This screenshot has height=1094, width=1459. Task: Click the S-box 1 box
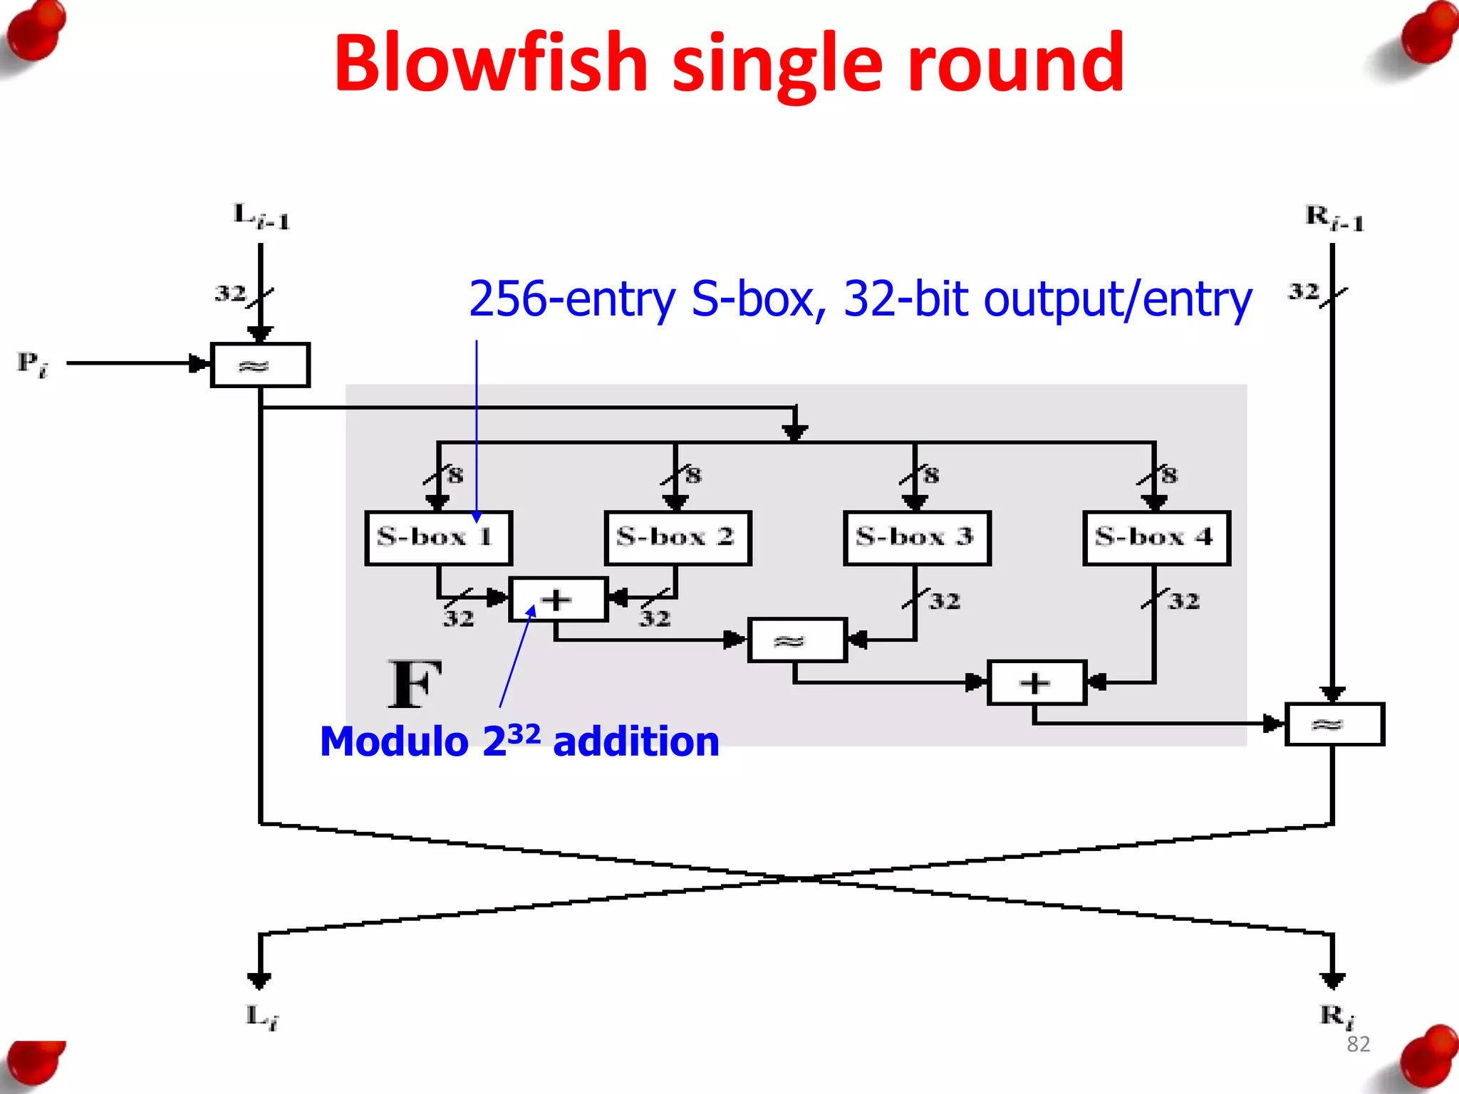438,538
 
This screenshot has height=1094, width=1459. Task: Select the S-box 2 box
677,538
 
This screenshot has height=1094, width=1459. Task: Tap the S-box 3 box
916,538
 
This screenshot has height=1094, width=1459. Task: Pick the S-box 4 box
1156,538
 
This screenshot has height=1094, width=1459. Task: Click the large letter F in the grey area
415,684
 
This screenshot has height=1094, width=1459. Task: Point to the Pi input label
32,364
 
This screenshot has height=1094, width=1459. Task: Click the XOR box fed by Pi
260,365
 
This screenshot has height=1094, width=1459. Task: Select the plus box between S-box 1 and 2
558,600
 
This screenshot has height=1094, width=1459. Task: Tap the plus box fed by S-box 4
1036,683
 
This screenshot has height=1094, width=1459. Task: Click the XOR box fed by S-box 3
796,640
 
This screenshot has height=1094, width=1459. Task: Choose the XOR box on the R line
1334,724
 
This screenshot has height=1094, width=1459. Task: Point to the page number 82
1358,1044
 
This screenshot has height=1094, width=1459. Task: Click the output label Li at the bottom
261,1017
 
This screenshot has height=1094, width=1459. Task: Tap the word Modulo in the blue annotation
393,742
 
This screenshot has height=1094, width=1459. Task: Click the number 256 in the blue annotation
507,299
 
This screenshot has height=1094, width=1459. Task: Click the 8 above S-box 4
1169,475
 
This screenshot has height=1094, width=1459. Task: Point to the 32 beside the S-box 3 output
945,601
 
